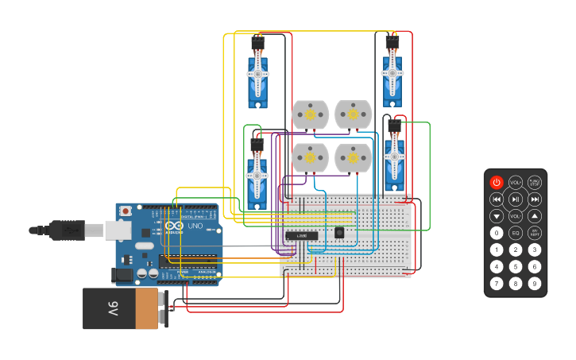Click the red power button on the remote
[497, 183]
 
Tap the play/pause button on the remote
[516, 199]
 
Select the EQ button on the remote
[516, 233]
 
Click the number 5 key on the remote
[516, 266]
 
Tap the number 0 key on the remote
[497, 233]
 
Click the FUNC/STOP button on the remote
[535, 183]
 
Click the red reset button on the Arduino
[126, 211]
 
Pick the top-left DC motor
[310, 115]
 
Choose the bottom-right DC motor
[353, 158]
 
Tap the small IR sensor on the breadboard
[339, 232]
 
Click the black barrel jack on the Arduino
[123, 275]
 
